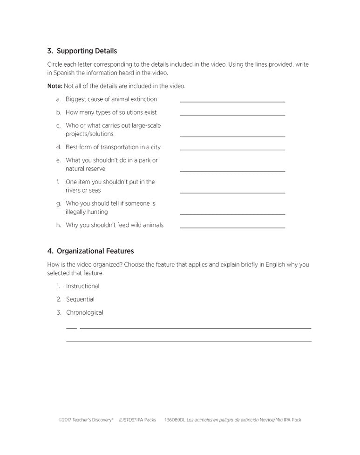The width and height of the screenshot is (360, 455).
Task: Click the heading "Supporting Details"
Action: coord(87,51)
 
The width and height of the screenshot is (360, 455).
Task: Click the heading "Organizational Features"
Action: coord(95,251)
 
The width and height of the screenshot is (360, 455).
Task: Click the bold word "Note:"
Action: coord(54,86)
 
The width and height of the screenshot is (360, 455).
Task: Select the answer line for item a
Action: coord(232,101)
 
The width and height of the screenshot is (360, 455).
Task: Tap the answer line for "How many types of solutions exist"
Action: coord(232,114)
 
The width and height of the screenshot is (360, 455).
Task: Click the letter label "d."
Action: coord(59,147)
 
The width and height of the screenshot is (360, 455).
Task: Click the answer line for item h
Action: coord(232,227)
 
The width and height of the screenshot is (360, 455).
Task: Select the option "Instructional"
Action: coord(82,286)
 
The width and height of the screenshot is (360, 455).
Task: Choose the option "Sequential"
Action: coord(80,299)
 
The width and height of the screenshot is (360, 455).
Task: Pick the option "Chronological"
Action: coord(84,312)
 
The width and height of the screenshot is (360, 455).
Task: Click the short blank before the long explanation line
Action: coord(71,328)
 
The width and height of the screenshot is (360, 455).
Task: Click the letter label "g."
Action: coord(59,203)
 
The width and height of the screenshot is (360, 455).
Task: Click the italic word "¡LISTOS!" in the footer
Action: coord(127,420)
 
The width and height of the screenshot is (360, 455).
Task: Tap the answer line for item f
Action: coord(232,193)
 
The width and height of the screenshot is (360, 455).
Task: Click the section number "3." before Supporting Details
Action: coord(50,51)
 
